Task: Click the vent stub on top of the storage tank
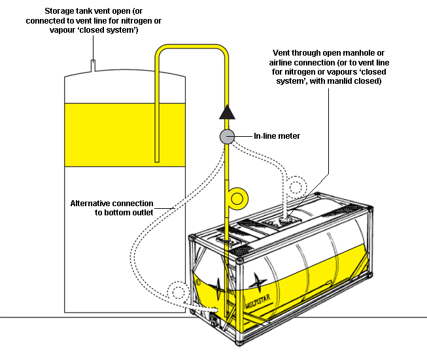(x=94, y=64)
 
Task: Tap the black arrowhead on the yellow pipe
(x=227, y=111)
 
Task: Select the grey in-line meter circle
(x=227, y=136)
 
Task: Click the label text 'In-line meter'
(x=277, y=136)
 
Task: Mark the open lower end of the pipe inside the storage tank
(x=157, y=160)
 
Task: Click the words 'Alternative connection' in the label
(x=112, y=203)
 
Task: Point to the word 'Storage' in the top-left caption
(x=61, y=12)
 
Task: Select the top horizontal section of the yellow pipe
(x=192, y=48)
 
